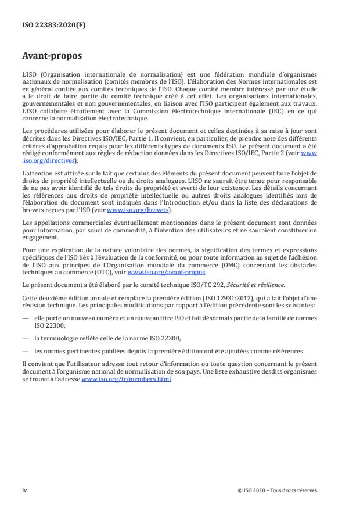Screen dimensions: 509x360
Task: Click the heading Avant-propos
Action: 53,57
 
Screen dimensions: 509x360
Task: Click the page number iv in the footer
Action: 25,490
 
